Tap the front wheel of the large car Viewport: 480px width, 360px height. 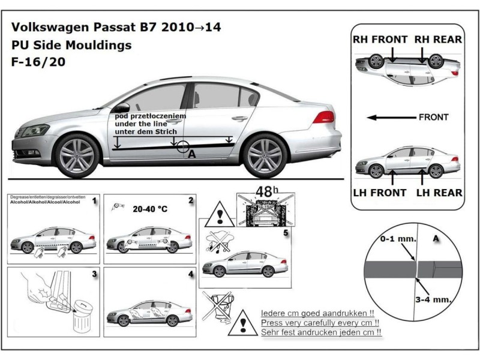coord(77,155)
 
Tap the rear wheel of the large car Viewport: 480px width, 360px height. coord(265,155)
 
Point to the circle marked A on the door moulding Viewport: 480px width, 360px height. coord(185,146)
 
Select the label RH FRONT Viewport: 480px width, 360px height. coord(380,40)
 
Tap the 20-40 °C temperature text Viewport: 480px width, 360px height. coord(149,211)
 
